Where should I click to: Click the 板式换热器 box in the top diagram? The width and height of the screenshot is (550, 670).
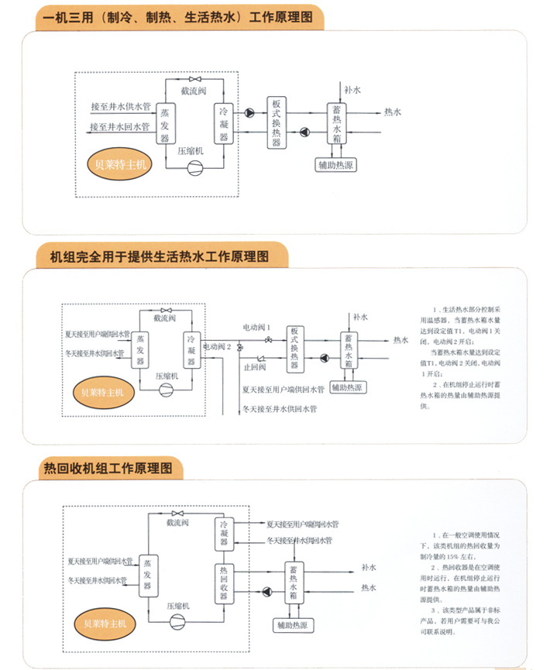[277, 122]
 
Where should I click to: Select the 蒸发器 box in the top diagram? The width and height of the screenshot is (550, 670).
[164, 124]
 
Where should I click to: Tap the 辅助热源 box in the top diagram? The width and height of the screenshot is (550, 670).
[338, 164]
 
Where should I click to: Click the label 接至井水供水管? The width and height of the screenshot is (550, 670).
[120, 106]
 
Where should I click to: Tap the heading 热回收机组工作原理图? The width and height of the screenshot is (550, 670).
[113, 469]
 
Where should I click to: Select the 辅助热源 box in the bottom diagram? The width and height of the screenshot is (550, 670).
[294, 624]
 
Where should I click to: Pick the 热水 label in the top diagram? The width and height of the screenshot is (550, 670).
[393, 112]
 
